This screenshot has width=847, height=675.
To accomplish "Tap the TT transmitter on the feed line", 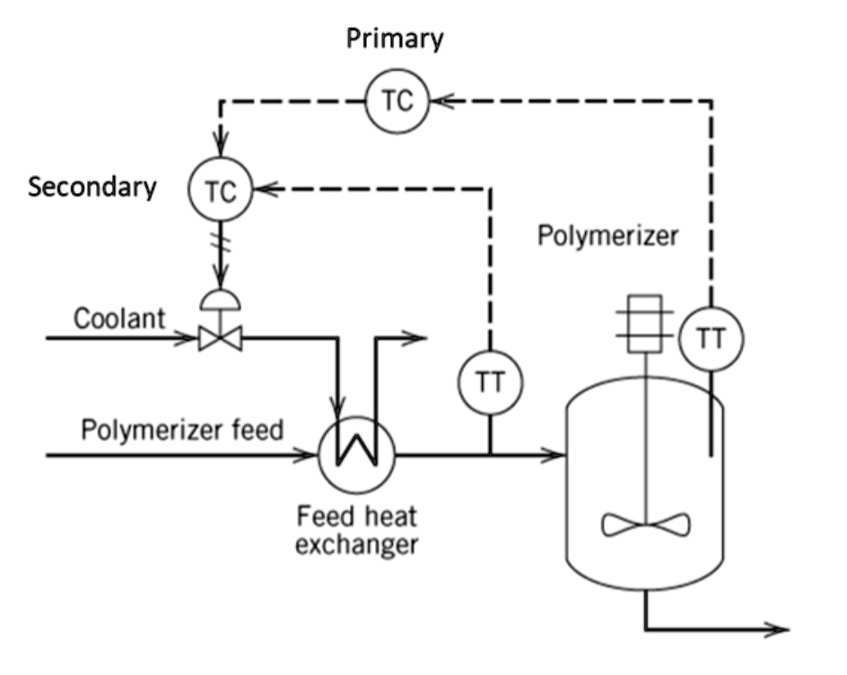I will click(x=490, y=381).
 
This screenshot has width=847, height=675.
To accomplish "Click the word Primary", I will click(x=395, y=39).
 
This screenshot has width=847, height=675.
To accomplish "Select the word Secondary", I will click(x=92, y=187).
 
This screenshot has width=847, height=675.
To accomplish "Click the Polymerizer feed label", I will click(x=182, y=428).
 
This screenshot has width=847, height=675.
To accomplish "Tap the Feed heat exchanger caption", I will click(x=358, y=530).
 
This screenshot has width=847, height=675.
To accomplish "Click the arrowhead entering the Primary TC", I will click(x=441, y=101).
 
